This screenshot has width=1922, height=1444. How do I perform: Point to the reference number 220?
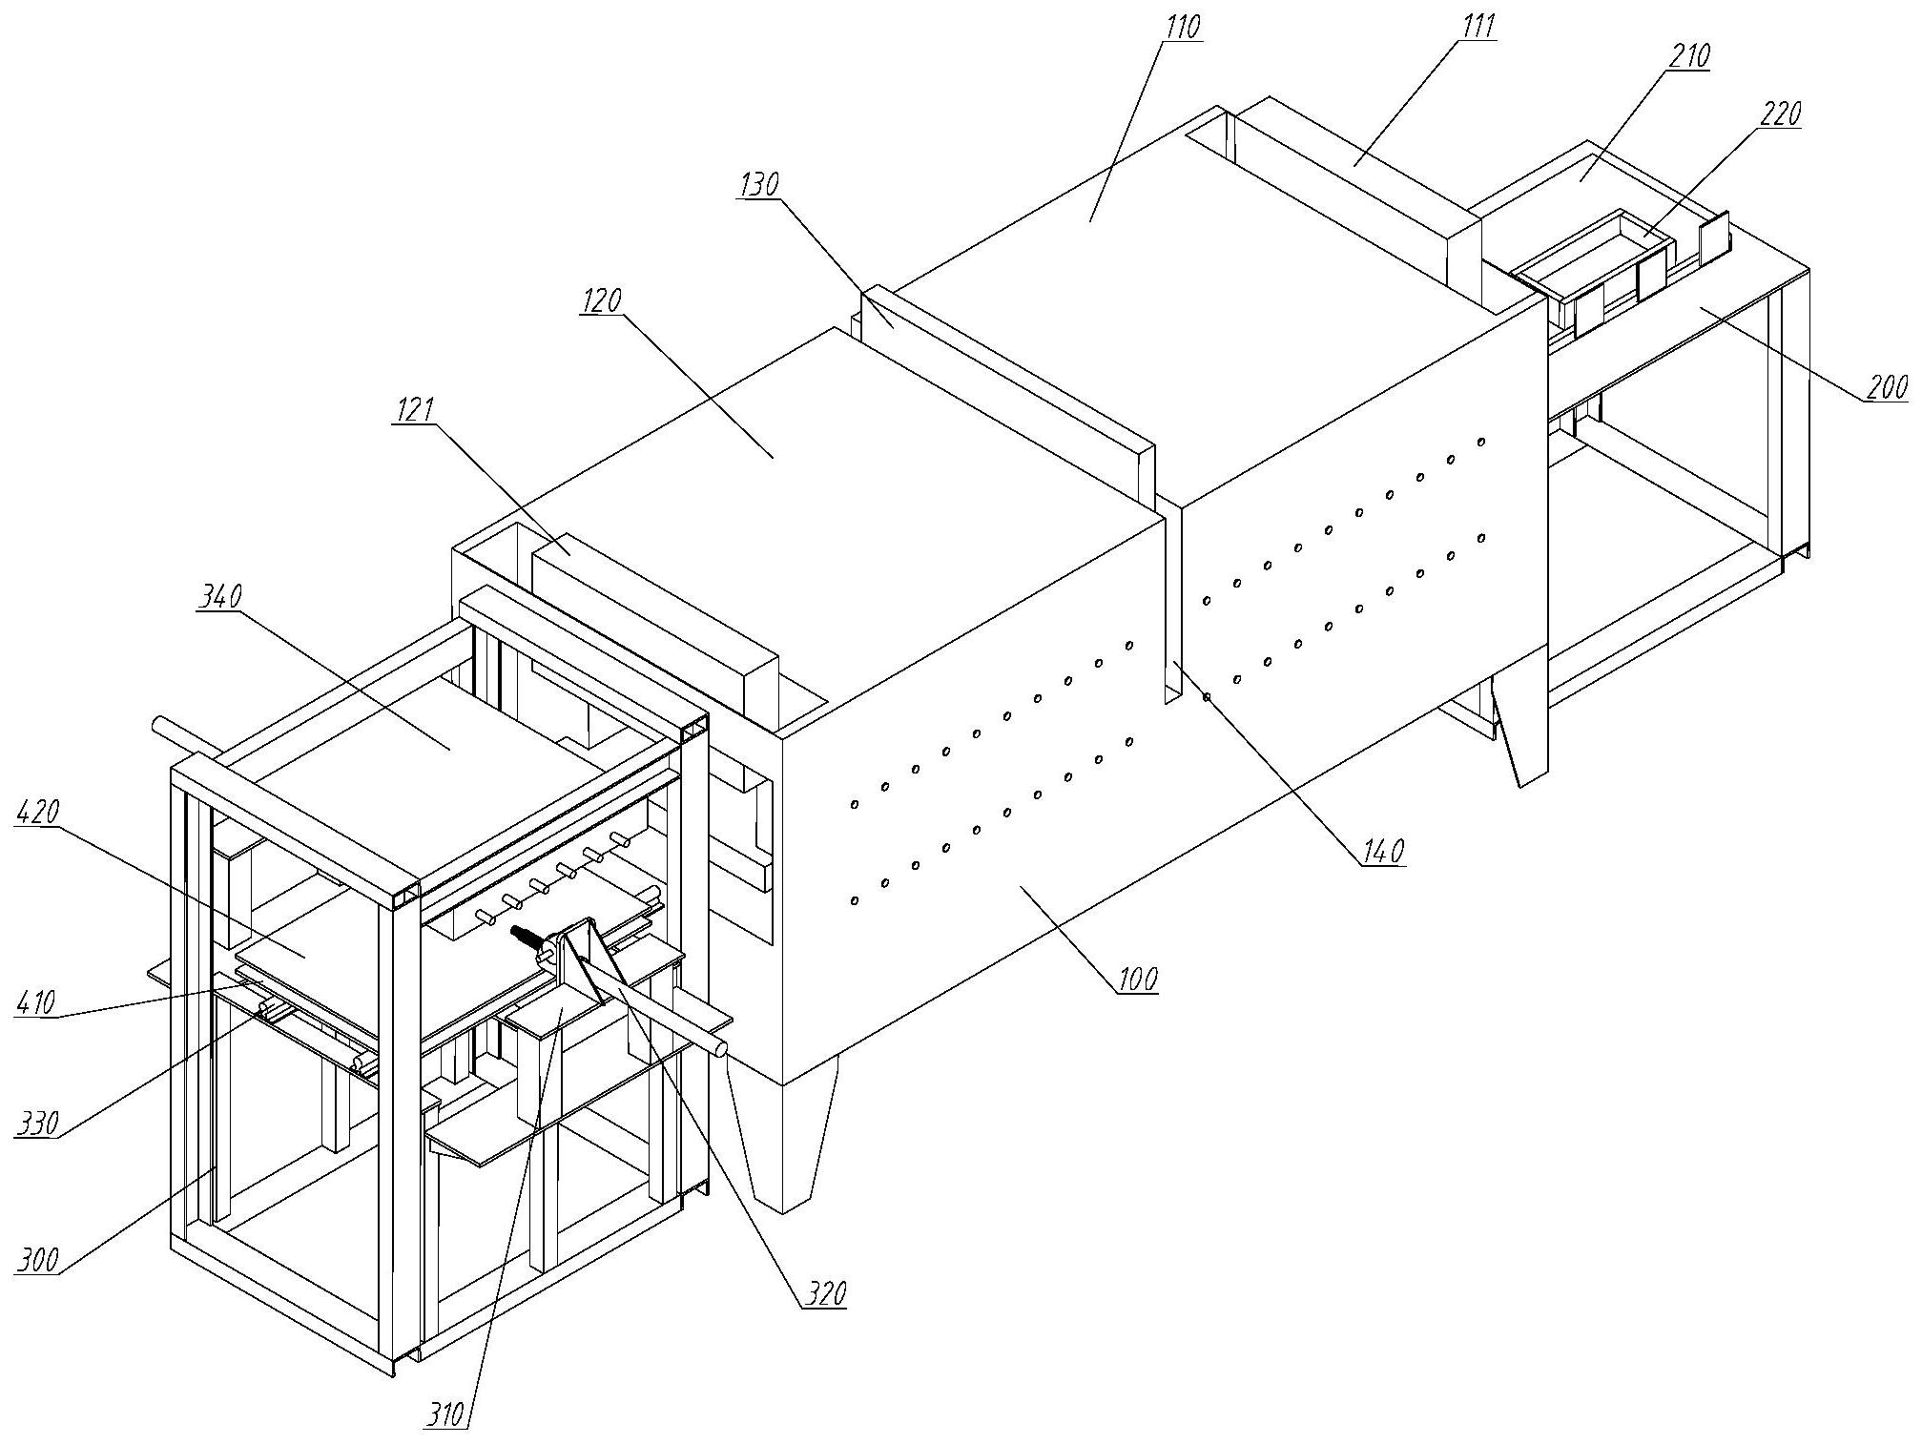tap(1780, 114)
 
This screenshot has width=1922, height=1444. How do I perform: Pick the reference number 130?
tap(760, 184)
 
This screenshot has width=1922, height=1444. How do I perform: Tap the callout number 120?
tap(601, 300)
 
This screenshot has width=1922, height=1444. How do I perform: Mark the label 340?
tap(220, 597)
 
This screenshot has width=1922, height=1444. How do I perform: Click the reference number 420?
tap(38, 813)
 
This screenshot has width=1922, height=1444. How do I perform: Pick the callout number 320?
tap(825, 1293)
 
